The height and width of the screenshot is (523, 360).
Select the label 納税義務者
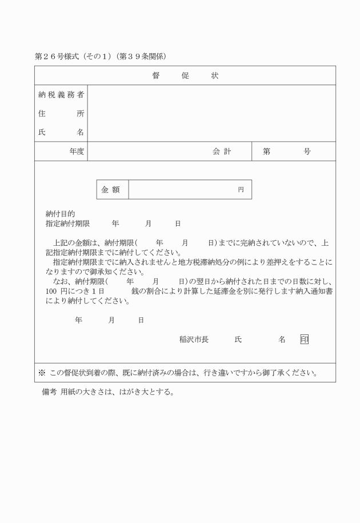click(x=61, y=94)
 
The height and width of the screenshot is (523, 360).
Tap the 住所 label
click(x=61, y=113)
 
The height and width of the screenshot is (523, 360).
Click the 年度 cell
click(x=77, y=151)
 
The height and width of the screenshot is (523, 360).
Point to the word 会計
click(x=222, y=151)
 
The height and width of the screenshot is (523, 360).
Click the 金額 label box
click(x=113, y=189)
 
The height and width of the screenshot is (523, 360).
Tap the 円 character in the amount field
click(x=241, y=190)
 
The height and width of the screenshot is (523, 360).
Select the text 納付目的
click(x=60, y=213)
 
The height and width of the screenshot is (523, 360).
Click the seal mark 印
click(x=304, y=340)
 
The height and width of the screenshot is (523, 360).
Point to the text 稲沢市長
click(x=194, y=340)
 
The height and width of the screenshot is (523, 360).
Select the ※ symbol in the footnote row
click(x=42, y=373)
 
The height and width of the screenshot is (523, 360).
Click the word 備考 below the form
click(x=50, y=393)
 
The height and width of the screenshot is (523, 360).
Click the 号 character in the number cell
click(x=307, y=151)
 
